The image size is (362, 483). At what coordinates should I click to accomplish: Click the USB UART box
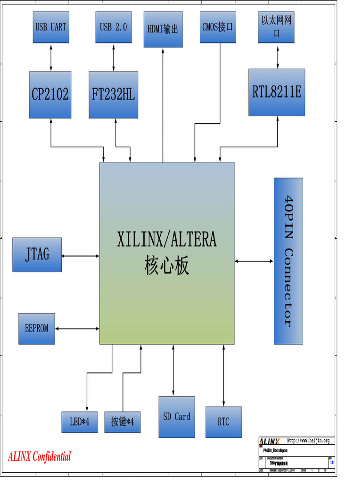tap(50, 27)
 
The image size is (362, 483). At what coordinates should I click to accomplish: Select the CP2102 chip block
tap(50, 95)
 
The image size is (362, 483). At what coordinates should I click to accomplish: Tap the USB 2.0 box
tap(113, 27)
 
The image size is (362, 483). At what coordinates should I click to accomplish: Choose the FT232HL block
tap(113, 95)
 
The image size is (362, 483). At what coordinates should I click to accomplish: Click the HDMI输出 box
tap(163, 29)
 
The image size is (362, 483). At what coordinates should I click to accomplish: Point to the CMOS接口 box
tap(217, 27)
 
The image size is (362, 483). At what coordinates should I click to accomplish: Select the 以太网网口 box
tap(276, 27)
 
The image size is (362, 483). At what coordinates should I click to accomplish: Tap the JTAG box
tap(37, 255)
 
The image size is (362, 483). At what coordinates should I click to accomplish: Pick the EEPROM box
tap(37, 328)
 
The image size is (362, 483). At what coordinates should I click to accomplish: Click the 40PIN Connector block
tap(288, 261)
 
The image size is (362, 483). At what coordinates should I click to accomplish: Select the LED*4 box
tap(80, 422)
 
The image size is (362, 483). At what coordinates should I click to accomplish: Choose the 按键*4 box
tap(123, 422)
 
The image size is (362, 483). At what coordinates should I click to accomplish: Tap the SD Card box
tap(176, 417)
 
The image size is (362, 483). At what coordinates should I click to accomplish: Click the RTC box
tap(223, 422)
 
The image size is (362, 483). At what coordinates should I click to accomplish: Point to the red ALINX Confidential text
tap(40, 457)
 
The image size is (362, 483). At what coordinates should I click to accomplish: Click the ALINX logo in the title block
tap(270, 441)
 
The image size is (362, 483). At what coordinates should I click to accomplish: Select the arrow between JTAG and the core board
tap(81, 256)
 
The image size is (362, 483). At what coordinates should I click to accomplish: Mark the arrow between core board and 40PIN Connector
tap(254, 261)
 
